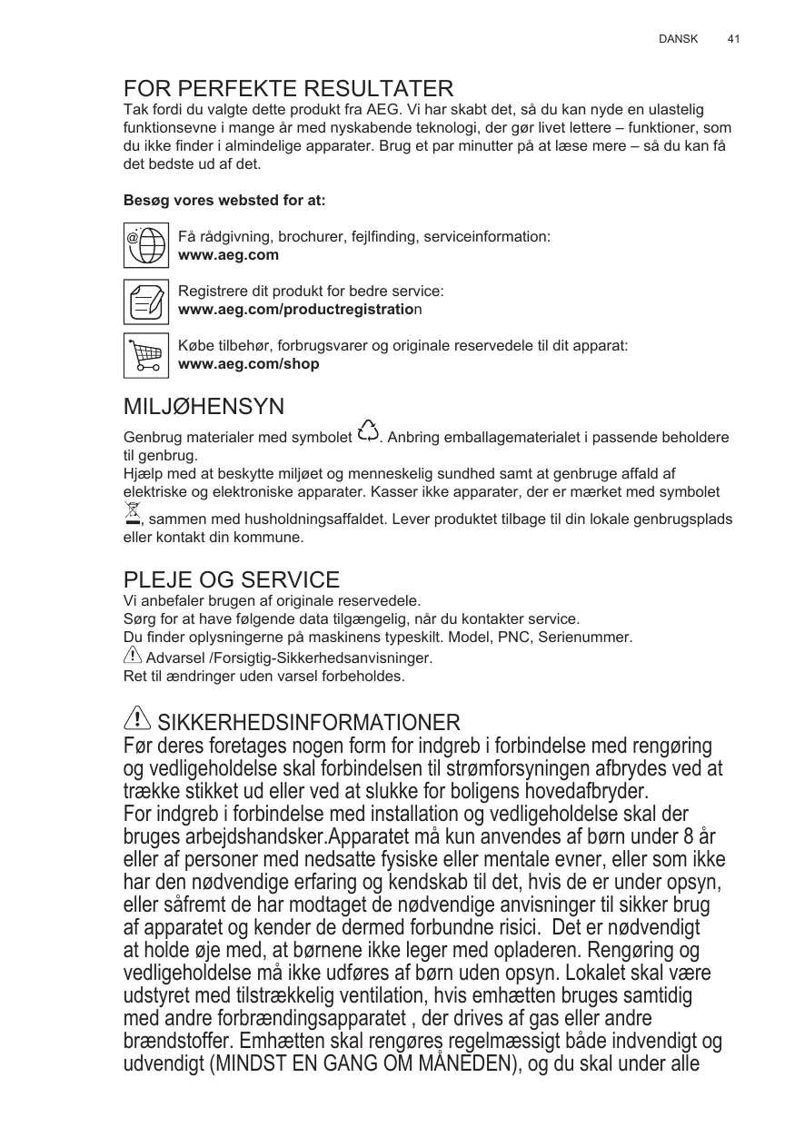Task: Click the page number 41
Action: tap(734, 39)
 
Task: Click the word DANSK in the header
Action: tap(678, 39)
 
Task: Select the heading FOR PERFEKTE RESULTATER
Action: tap(288, 89)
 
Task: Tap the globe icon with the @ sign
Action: tap(146, 245)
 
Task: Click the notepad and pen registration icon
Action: tap(146, 301)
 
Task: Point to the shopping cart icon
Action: tap(146, 355)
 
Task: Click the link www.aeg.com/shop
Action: tap(248, 364)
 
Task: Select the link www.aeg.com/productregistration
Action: tap(299, 310)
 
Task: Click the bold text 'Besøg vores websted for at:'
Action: tap(224, 200)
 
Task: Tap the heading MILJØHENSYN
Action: tap(204, 406)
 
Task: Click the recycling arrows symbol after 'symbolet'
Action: tap(368, 432)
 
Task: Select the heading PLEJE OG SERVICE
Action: tap(231, 579)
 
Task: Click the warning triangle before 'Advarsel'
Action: tap(133, 655)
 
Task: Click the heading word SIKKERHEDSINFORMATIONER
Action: tap(309, 723)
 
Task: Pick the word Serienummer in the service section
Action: tap(589, 638)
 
